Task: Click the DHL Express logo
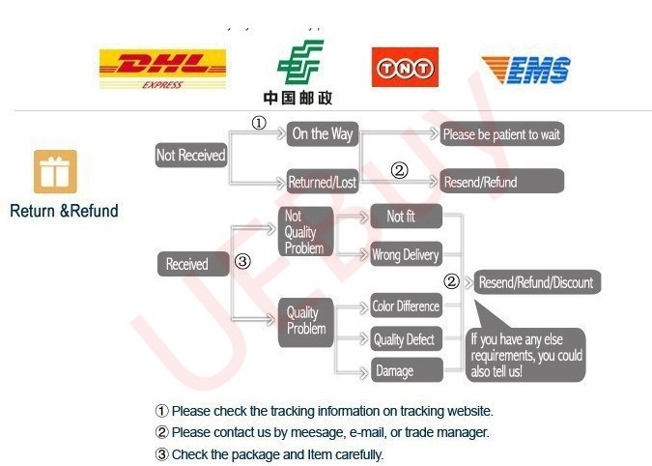[162, 68]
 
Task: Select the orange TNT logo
[405, 68]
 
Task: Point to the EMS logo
[525, 70]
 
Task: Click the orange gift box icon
[55, 171]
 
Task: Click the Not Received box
[190, 155]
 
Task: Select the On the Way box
[323, 133]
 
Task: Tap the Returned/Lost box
[323, 182]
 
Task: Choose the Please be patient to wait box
[501, 133]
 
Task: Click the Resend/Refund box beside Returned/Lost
[501, 182]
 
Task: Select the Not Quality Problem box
[304, 232]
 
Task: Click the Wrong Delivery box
[406, 255]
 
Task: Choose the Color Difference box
[406, 306]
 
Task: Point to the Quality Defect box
[406, 339]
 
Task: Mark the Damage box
[406, 370]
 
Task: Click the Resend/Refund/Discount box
[536, 282]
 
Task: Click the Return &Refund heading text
[64, 211]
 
